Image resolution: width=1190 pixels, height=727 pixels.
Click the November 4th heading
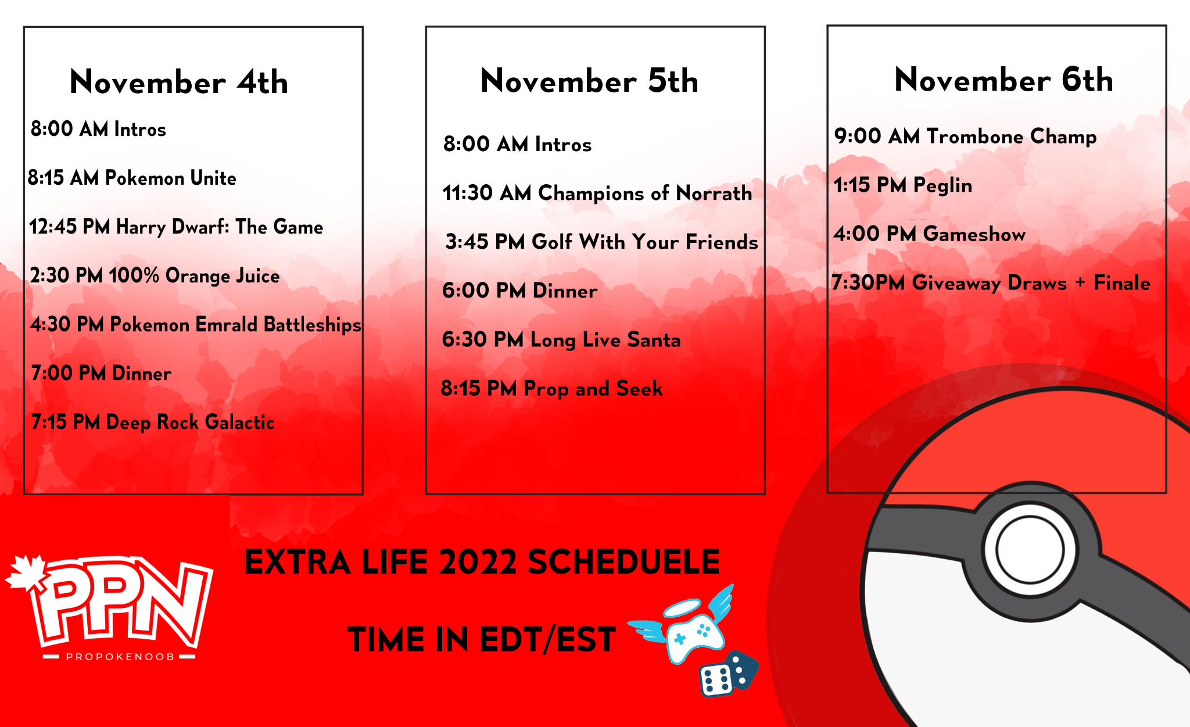pos(179,82)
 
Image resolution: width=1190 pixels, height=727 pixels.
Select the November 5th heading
pos(590,80)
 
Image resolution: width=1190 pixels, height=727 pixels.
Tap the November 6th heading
pos(1004,79)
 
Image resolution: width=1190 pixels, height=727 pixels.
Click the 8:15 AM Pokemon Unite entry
pos(132,178)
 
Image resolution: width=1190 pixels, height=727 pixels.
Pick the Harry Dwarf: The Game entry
pos(176,227)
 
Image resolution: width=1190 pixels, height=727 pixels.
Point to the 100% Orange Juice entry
pos(155,276)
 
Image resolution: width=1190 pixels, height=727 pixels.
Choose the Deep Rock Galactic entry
pos(153,422)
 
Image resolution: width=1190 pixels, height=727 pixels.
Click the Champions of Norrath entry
pos(597,193)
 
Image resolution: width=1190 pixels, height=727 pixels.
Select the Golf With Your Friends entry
pos(602,242)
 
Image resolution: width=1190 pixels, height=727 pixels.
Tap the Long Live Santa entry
pos(561,340)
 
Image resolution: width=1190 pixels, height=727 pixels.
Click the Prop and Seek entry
pos(552,389)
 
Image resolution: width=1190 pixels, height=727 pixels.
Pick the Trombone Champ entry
pos(966,137)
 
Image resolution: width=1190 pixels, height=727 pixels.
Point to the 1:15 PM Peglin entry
pos(903,185)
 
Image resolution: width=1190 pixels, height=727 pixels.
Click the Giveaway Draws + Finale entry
pos(991,283)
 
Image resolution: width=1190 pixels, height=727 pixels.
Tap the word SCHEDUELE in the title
pos(623,563)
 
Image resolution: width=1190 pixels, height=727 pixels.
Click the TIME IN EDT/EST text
pos(482,640)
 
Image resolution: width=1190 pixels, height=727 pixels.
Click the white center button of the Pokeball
pos(1030,549)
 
